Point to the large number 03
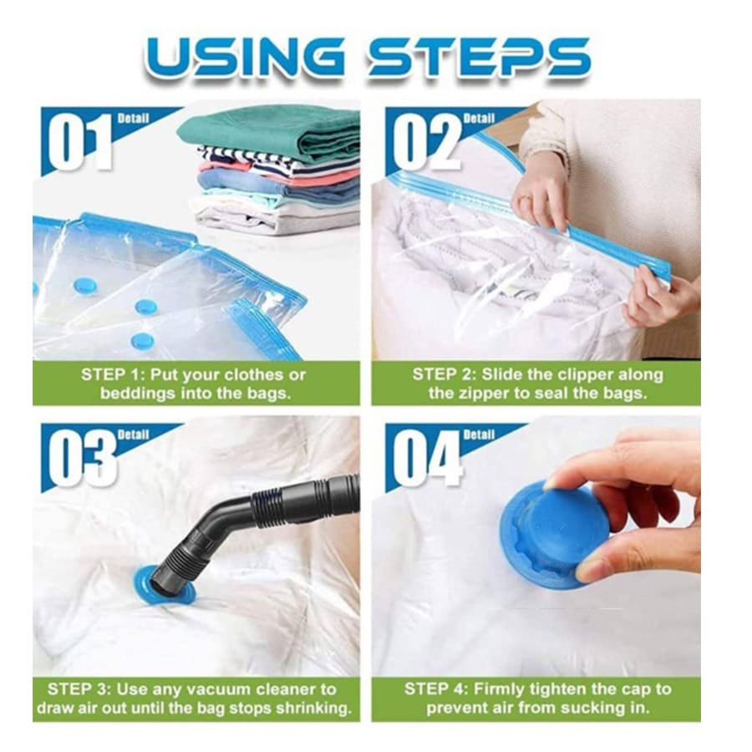81,459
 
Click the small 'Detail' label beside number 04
480,434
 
